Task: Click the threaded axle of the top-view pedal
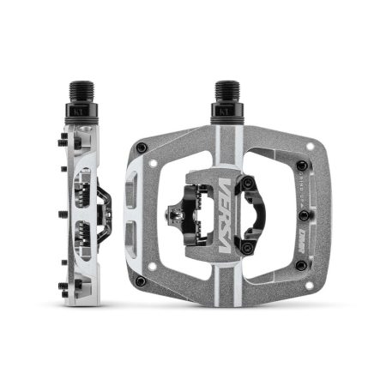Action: coord(226,89)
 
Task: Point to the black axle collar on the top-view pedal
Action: coord(226,109)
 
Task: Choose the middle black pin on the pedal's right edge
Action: coord(303,215)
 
